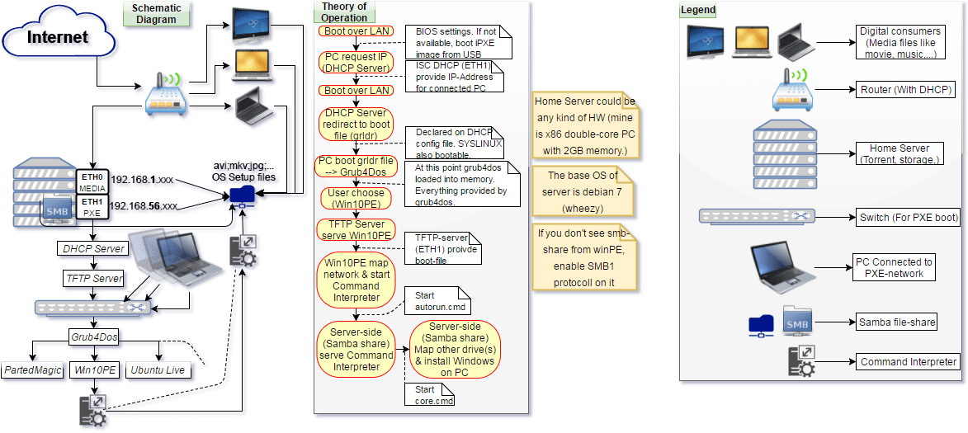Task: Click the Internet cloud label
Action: tap(57, 39)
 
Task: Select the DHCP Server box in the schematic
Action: tap(94, 248)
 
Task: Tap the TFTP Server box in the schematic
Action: tap(94, 279)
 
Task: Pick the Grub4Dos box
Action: tap(94, 337)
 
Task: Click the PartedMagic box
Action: tap(33, 370)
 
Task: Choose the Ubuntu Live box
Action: tap(159, 370)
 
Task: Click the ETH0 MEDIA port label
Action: tap(91, 182)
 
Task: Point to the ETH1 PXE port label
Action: tap(91, 207)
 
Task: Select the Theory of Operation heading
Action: tap(344, 12)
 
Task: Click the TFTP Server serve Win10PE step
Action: tap(357, 229)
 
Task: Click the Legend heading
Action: tap(698, 10)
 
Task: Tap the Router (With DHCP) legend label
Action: tap(906, 89)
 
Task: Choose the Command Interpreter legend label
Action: tap(909, 361)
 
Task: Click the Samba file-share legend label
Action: tap(896, 322)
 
